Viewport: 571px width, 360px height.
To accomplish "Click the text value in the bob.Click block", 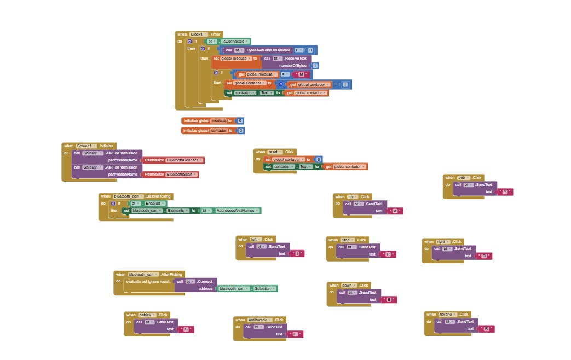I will pos(504,192).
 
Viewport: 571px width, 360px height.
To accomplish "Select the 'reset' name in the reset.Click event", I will pos(273,152).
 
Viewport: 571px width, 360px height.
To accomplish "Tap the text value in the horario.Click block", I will pos(486,329).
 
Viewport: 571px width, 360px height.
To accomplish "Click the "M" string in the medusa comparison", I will pos(302,74).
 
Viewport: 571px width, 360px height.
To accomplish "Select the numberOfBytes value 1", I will pos(315,65).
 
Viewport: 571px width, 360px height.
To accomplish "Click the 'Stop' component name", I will pos(346,240).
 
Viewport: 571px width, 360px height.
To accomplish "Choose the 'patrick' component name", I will pos(145,315).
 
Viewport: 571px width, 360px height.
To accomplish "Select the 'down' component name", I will pos(347,285).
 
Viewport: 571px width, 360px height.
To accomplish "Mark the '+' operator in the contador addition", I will pos(336,85).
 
